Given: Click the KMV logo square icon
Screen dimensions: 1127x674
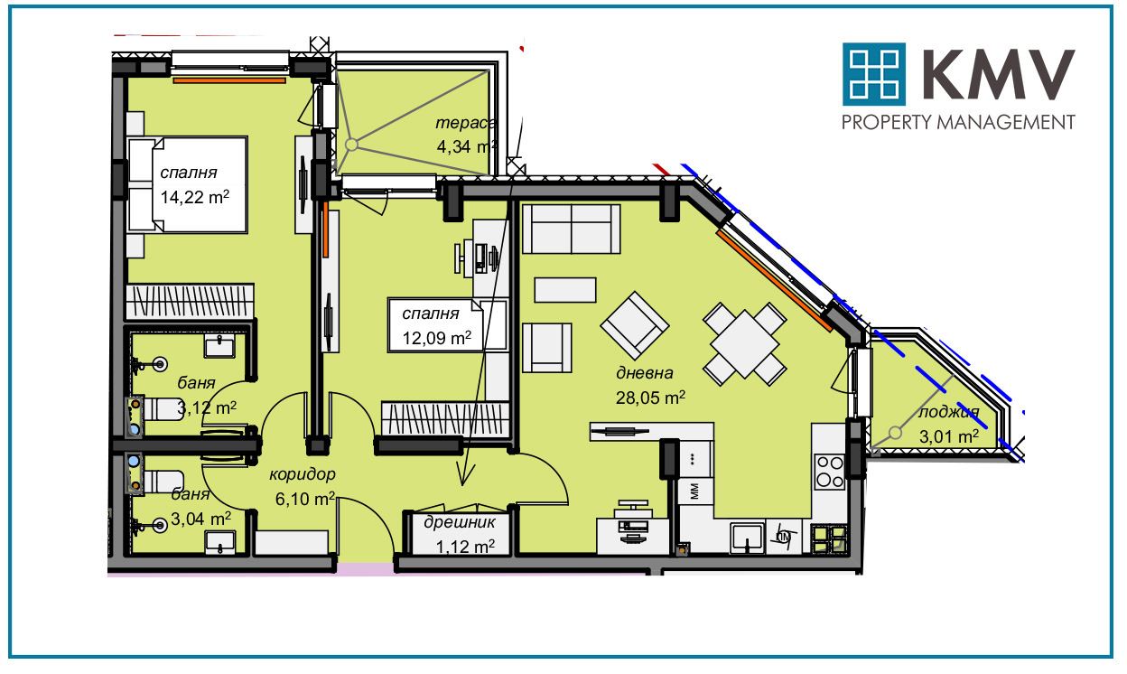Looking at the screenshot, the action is tap(874, 74).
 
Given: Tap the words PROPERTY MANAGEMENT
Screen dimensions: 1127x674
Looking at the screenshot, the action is tap(958, 122).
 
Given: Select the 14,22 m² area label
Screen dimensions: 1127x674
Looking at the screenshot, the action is tap(195, 196).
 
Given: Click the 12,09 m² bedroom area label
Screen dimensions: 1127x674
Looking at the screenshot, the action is tap(437, 337).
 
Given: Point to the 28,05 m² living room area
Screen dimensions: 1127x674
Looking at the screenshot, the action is tap(650, 398).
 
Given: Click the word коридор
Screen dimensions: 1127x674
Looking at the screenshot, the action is tap(302, 474).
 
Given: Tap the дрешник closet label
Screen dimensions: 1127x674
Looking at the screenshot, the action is tap(460, 522).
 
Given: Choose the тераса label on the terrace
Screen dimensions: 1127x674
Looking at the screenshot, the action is tap(466, 123).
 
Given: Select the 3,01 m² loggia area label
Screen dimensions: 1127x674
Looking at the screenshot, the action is tap(949, 435).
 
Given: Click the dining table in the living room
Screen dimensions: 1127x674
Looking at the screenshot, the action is tap(745, 344).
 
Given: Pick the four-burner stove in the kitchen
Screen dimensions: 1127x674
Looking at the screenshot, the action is tap(830, 472).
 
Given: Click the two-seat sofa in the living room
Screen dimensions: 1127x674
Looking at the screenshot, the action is tap(571, 229).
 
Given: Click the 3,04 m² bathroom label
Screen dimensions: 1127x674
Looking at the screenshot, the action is tap(200, 518).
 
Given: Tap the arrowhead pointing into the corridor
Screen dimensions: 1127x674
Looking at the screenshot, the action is tap(465, 474).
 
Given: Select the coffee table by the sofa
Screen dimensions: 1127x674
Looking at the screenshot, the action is tap(565, 290).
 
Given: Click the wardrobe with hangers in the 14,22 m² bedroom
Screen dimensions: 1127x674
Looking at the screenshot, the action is tap(190, 302).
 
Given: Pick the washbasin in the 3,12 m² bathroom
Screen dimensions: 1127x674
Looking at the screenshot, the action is tap(219, 347).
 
